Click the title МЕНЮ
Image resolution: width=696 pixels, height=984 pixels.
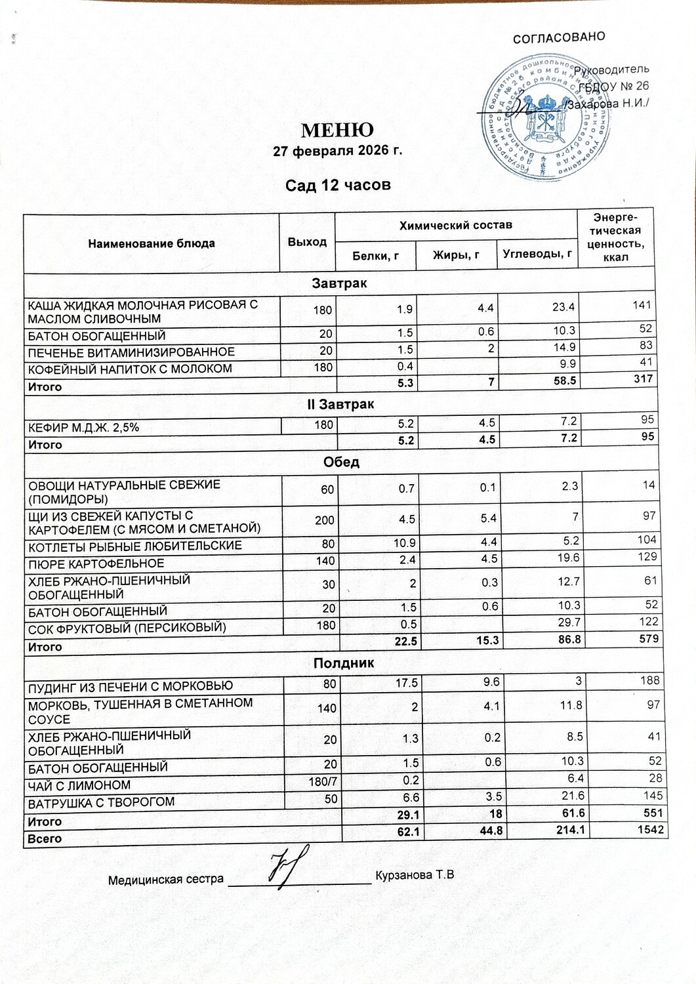tap(337, 129)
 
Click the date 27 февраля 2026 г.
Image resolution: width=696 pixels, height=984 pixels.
tap(337, 151)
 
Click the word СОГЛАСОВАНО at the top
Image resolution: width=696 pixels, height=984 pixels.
tap(558, 37)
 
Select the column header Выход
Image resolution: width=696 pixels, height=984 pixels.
tap(307, 242)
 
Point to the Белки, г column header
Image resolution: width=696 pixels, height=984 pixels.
tap(376, 256)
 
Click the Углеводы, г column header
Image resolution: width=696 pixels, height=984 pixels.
tap(537, 254)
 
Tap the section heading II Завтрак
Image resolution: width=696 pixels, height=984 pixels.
tap(340, 405)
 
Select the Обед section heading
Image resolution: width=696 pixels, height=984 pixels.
tap(341, 462)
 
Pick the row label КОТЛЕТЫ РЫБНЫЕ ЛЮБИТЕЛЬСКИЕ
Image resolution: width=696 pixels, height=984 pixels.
tap(134, 546)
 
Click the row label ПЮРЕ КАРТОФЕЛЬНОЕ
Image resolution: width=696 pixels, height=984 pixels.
tap(96, 564)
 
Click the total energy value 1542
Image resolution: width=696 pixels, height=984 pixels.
tap(650, 830)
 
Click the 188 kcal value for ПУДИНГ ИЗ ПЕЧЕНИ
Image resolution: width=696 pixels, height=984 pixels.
tap(650, 680)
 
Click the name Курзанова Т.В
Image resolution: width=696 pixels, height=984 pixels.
tap(415, 876)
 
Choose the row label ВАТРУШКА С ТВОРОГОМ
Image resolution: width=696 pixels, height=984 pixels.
tap(101, 802)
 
